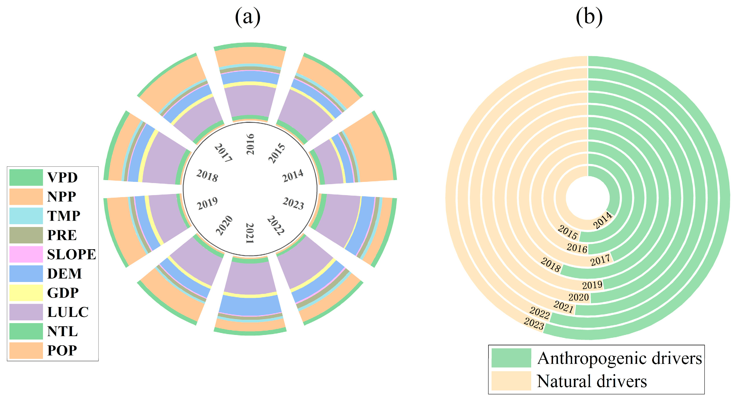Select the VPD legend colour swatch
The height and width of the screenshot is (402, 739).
point(26,177)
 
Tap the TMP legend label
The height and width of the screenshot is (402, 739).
point(64,216)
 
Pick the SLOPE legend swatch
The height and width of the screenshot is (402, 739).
point(26,254)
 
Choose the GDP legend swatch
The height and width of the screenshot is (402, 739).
point(26,293)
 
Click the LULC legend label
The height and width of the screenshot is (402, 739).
point(68,312)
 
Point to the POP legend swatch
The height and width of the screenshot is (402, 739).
point(26,350)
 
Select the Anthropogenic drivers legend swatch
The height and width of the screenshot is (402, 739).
point(511,358)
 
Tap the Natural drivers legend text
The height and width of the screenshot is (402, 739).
point(592,381)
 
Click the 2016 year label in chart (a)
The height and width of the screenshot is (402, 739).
point(250,144)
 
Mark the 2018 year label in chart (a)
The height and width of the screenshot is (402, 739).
point(207,175)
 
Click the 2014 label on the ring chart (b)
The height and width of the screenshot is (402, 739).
point(602,220)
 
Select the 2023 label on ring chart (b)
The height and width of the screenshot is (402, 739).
point(534,323)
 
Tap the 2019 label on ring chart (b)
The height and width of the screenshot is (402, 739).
point(592,285)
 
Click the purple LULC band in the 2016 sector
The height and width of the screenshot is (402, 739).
point(250,101)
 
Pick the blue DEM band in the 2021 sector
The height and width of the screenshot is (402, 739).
point(250,305)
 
